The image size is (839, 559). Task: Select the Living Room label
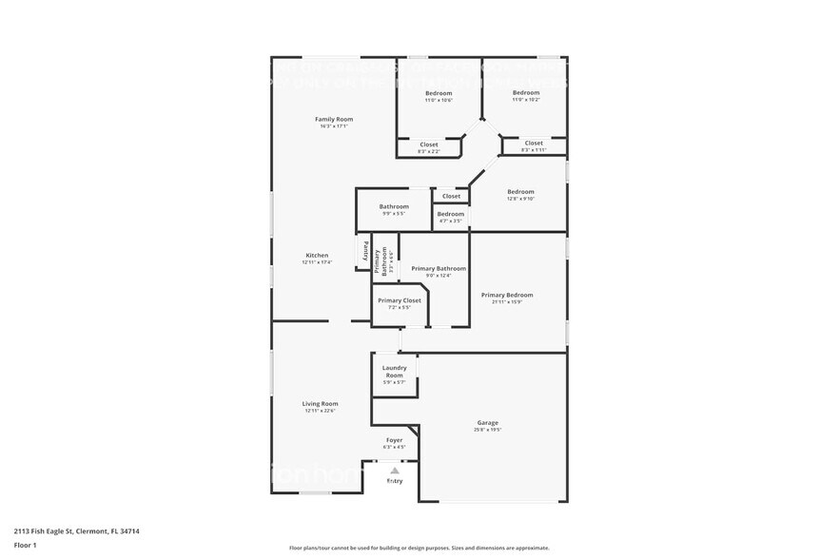click(x=321, y=404)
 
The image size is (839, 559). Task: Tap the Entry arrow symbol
click(x=394, y=470)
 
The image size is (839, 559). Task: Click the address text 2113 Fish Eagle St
click(x=80, y=531)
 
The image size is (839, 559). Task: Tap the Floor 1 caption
click(x=25, y=545)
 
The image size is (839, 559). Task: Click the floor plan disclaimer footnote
click(x=419, y=548)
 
